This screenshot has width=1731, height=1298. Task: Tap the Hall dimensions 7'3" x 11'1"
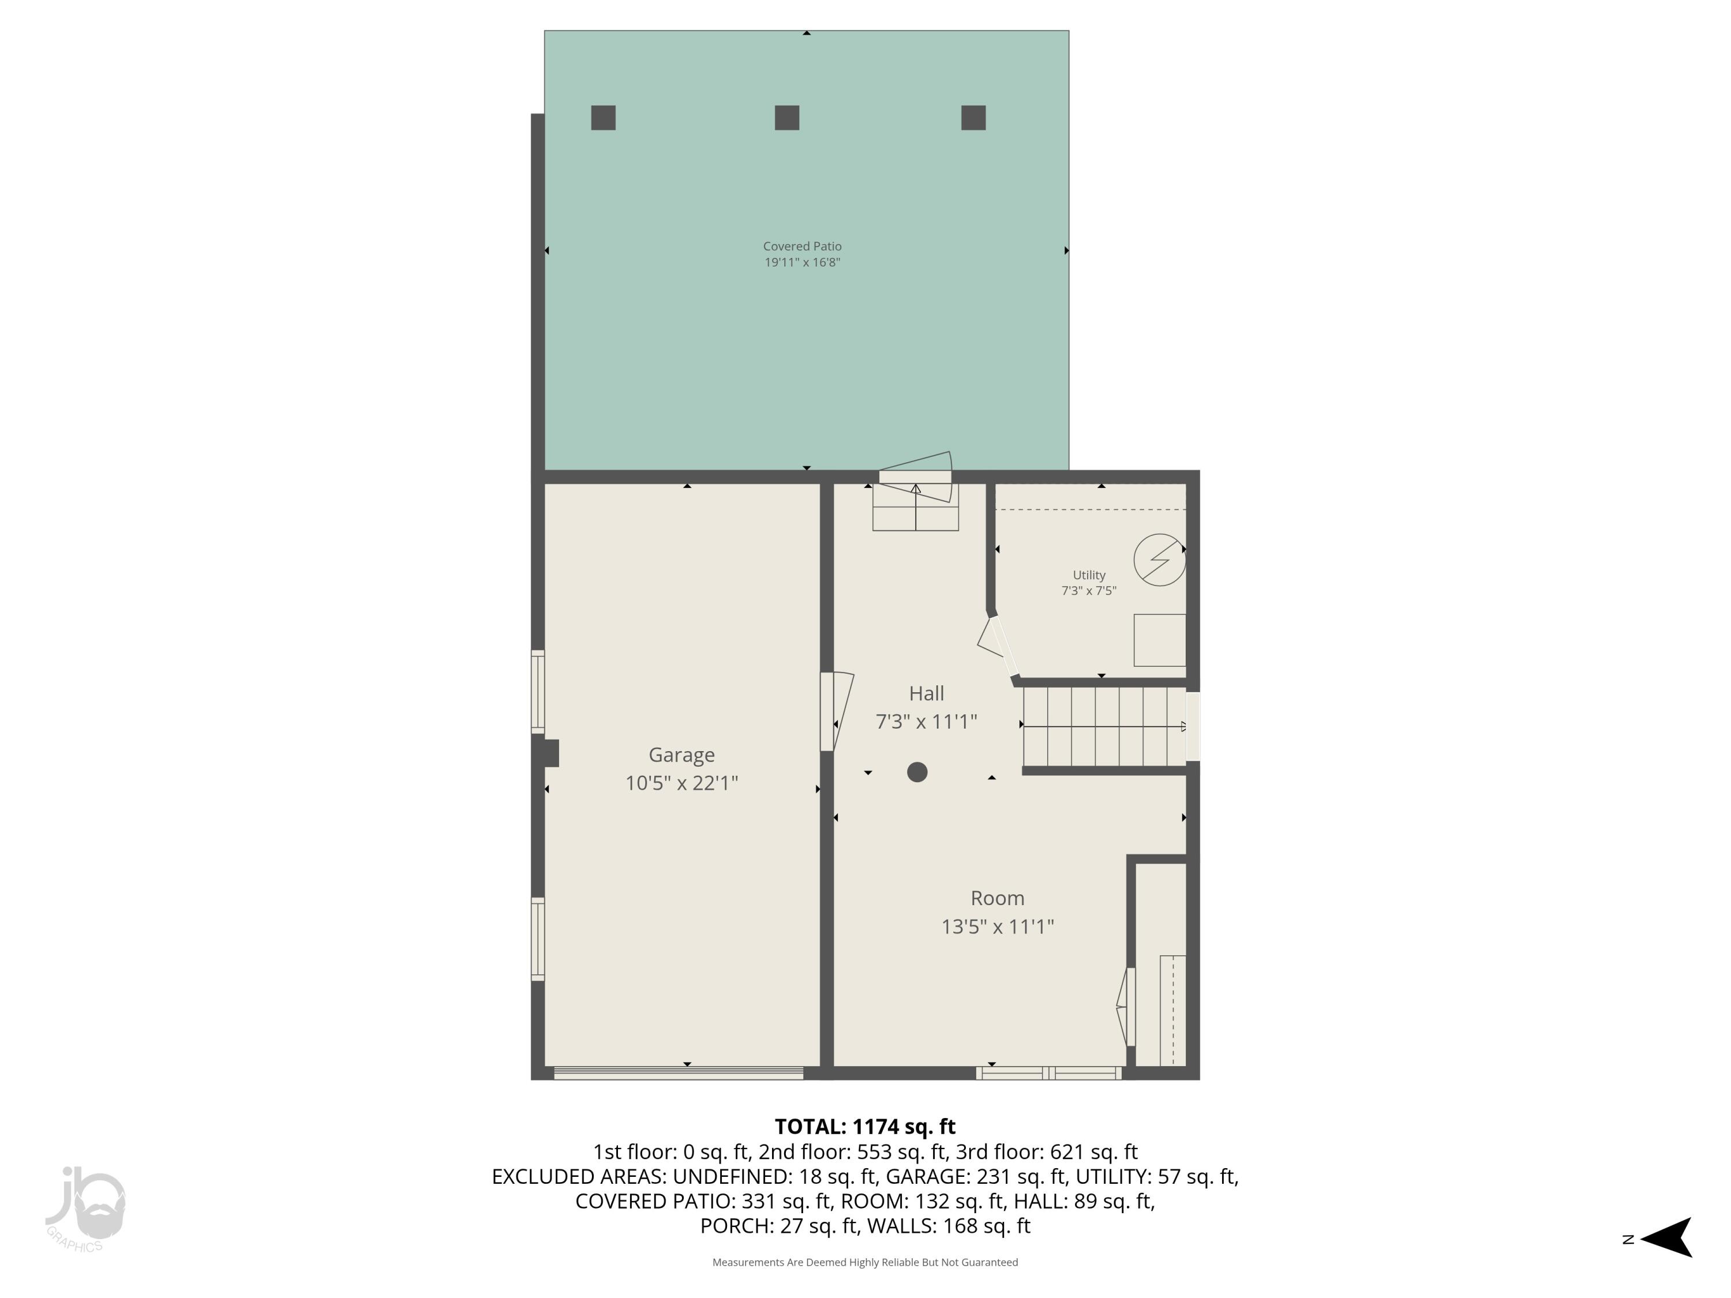(926, 721)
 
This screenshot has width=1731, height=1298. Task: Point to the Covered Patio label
(802, 246)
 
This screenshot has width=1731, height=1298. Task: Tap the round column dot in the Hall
(917, 772)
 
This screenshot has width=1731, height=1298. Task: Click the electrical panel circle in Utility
(1159, 560)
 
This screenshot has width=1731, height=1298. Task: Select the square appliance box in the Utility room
(1160, 640)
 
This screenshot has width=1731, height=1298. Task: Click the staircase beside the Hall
(1103, 726)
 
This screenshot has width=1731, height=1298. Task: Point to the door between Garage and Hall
(834, 711)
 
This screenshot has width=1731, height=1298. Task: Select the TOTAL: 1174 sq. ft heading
(865, 1127)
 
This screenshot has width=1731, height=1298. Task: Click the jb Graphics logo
(84, 1209)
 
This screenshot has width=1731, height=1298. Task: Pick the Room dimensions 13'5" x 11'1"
(997, 926)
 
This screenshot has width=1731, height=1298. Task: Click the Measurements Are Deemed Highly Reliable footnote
(865, 1262)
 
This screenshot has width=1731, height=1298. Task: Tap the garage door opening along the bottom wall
(679, 1074)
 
